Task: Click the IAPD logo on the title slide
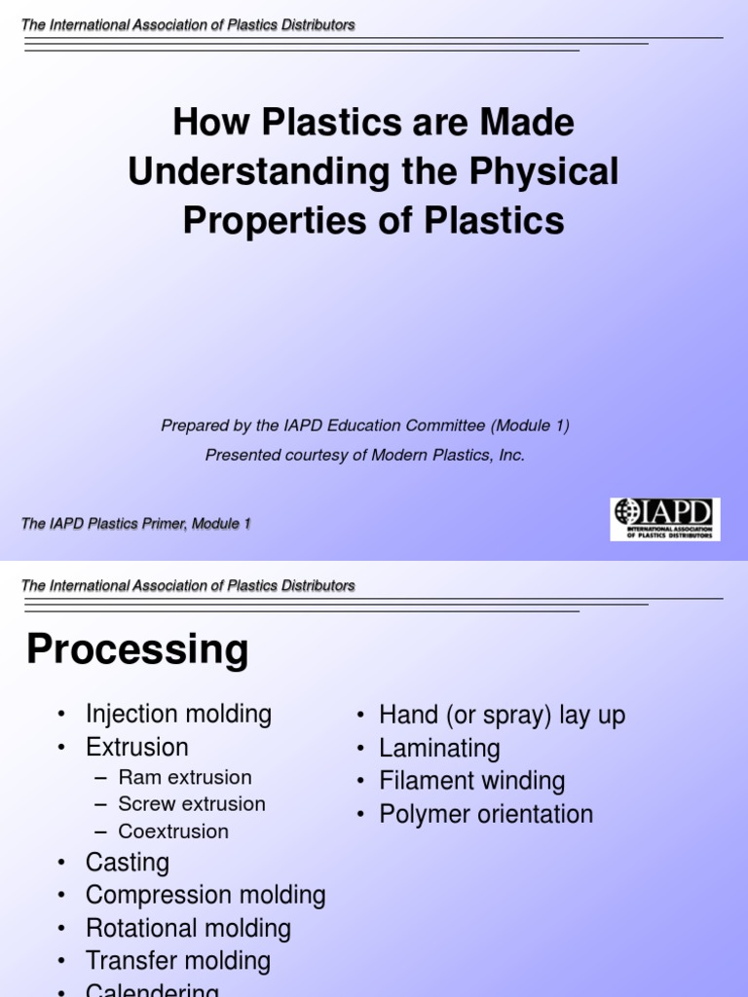tap(665, 519)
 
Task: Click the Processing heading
tap(137, 649)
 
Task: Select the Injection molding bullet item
tap(178, 714)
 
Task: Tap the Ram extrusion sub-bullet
tap(185, 777)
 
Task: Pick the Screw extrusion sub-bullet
tap(192, 804)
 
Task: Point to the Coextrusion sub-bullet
tap(173, 831)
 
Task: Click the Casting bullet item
tap(128, 863)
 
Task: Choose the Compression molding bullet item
tap(206, 896)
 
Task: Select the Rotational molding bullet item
tap(188, 928)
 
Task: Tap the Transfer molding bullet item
tap(178, 961)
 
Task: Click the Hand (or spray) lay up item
tap(502, 716)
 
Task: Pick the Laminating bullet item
tap(439, 749)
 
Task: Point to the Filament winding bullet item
tap(471, 781)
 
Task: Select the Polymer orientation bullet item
tap(486, 814)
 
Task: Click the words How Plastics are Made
tap(373, 123)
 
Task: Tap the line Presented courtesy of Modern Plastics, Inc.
tap(365, 456)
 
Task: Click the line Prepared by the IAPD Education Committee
tap(365, 425)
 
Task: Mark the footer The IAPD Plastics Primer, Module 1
tap(136, 524)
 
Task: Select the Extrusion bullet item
tap(137, 747)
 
